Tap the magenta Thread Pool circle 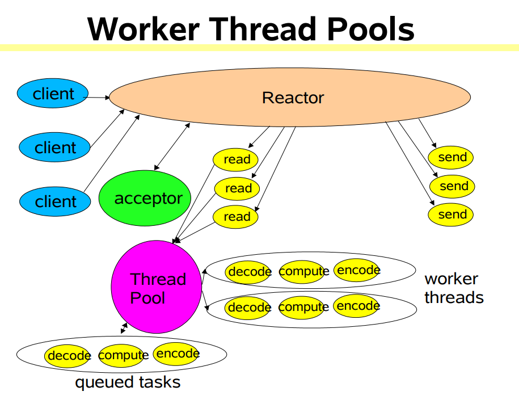157,288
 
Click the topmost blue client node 53,94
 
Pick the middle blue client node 55,148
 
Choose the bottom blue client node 55,201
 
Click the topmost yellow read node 236,159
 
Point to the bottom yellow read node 236,216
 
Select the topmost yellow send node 452,157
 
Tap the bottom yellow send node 452,214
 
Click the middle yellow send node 453,186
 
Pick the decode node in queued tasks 67,356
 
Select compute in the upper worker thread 303,271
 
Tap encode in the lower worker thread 356,306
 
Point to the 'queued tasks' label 128,382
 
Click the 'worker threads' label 453,288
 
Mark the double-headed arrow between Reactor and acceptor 172,146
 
